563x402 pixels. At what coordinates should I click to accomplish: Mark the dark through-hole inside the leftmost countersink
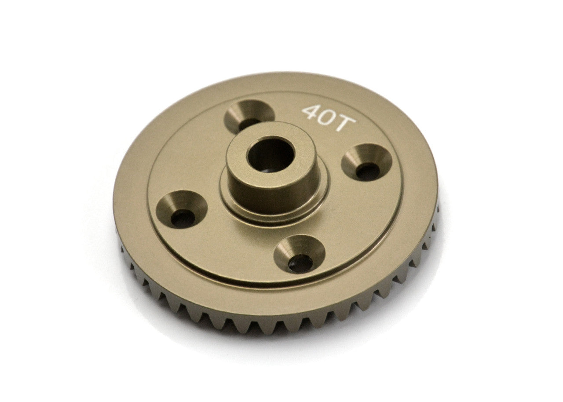pyautogui.click(x=183, y=218)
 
